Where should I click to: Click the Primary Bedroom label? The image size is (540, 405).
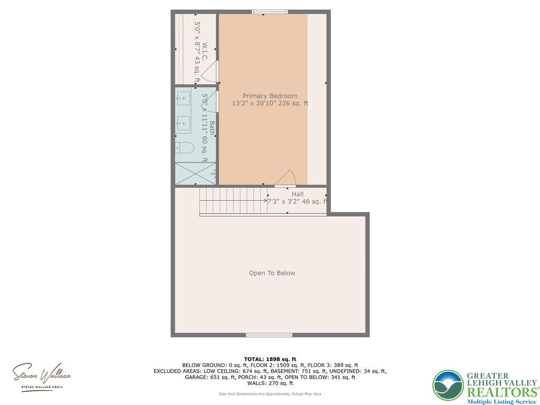point(270,96)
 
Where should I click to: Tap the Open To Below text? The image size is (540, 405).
point(272,273)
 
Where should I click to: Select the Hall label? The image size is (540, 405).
point(297,194)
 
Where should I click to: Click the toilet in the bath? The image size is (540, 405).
point(184,147)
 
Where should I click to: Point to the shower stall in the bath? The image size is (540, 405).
point(195,173)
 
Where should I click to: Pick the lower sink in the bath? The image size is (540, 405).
point(184,123)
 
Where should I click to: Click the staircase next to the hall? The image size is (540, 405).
point(232,201)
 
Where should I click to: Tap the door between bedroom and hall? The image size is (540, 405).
point(287,179)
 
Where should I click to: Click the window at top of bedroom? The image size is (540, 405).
point(269,12)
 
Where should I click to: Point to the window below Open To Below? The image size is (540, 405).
point(269,335)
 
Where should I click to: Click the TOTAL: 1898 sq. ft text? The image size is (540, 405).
point(269,359)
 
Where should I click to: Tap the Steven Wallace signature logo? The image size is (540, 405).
point(42,375)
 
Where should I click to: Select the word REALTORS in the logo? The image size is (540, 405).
point(501,392)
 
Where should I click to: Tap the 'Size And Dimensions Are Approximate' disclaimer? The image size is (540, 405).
point(269,394)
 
